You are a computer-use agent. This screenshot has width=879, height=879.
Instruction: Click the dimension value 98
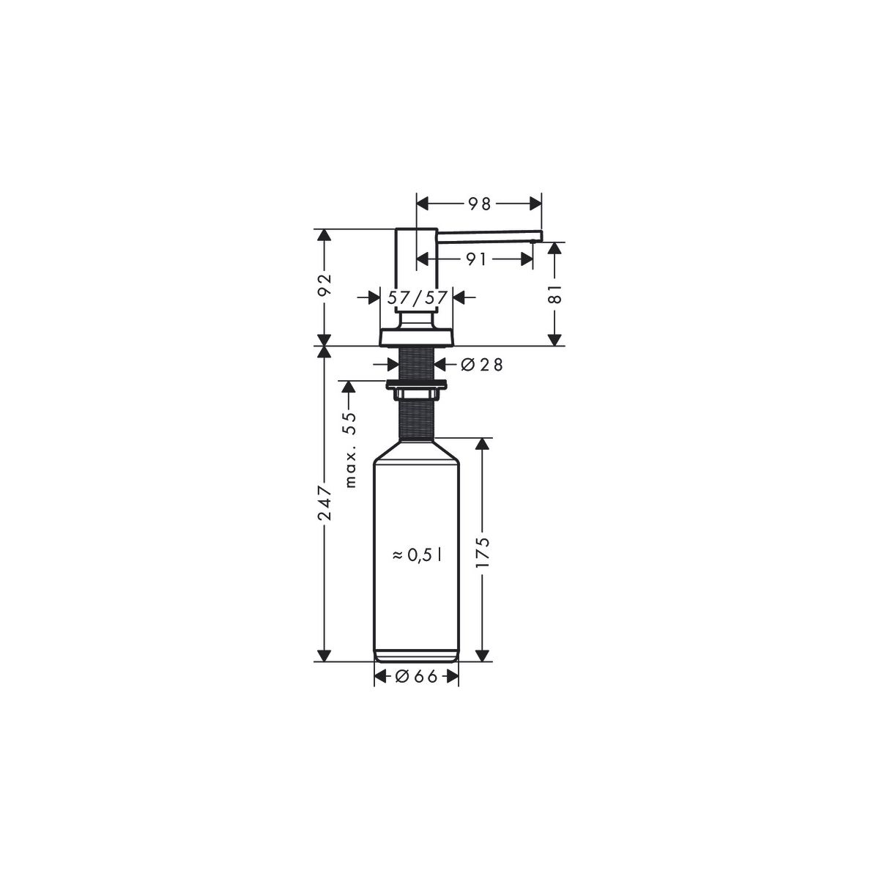[479, 204]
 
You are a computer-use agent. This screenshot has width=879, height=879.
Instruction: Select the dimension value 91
[475, 259]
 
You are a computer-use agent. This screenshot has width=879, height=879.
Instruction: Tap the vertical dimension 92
[325, 286]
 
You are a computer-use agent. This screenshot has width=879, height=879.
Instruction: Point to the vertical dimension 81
[555, 294]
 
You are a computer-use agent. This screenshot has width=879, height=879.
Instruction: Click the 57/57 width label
[417, 298]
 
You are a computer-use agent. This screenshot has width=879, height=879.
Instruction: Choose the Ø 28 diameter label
[482, 365]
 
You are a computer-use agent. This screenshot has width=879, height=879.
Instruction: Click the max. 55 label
[350, 450]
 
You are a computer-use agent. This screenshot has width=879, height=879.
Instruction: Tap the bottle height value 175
[482, 552]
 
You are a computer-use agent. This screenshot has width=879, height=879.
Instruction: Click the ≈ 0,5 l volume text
[417, 555]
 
